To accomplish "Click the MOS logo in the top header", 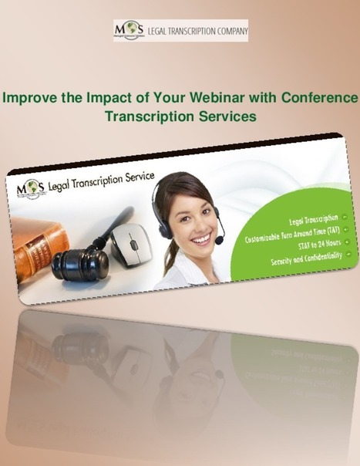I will coord(129,30).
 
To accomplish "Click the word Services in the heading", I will coord(224,116).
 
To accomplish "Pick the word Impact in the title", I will coord(107,99).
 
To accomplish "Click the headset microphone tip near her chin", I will coord(220,241).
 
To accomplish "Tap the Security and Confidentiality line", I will coord(304,260).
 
